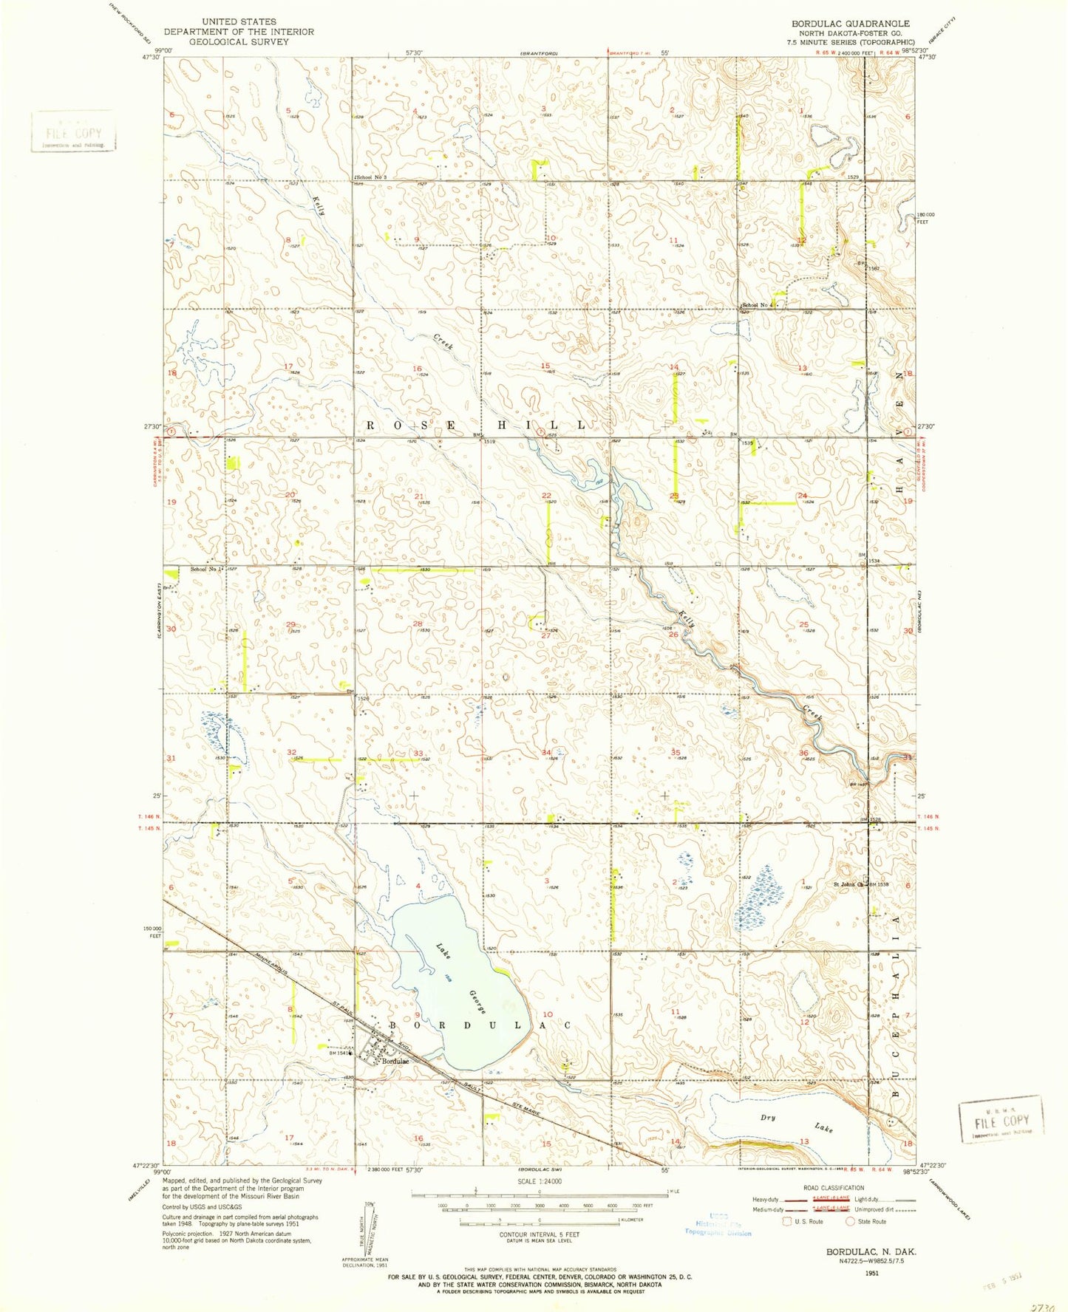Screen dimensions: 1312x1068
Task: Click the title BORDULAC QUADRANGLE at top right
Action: click(x=851, y=24)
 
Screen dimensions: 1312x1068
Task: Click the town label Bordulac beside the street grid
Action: click(x=395, y=1062)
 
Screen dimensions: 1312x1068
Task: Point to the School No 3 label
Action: click(x=372, y=177)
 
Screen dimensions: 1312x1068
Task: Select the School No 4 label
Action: click(x=758, y=304)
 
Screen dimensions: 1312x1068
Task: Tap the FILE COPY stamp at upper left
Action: click(x=73, y=133)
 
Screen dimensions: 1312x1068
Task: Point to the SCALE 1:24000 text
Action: click(x=539, y=1181)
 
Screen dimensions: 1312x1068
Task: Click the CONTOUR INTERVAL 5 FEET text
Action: click(x=539, y=1235)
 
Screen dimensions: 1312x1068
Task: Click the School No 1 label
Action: click(x=207, y=569)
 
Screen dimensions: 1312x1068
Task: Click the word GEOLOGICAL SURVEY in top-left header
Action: click(x=239, y=41)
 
